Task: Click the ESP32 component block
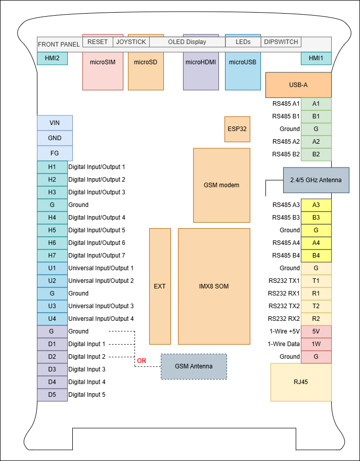[x=237, y=129]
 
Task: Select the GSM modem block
[x=221, y=185]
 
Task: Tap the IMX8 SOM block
[x=214, y=286]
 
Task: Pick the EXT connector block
[x=159, y=286]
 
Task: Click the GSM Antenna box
[x=194, y=366]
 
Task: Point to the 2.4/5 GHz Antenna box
[x=316, y=180]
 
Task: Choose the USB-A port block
[x=298, y=85]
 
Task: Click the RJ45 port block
[x=301, y=382]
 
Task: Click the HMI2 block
[x=52, y=59]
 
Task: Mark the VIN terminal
[x=55, y=123]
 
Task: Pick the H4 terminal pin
[x=52, y=218]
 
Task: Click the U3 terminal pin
[x=52, y=306]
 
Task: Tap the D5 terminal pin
[x=52, y=395]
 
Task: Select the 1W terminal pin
[x=316, y=344]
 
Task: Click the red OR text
[x=142, y=361]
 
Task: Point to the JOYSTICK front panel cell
[x=131, y=42]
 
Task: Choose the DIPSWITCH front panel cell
[x=281, y=42]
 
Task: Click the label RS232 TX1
[x=284, y=281]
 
